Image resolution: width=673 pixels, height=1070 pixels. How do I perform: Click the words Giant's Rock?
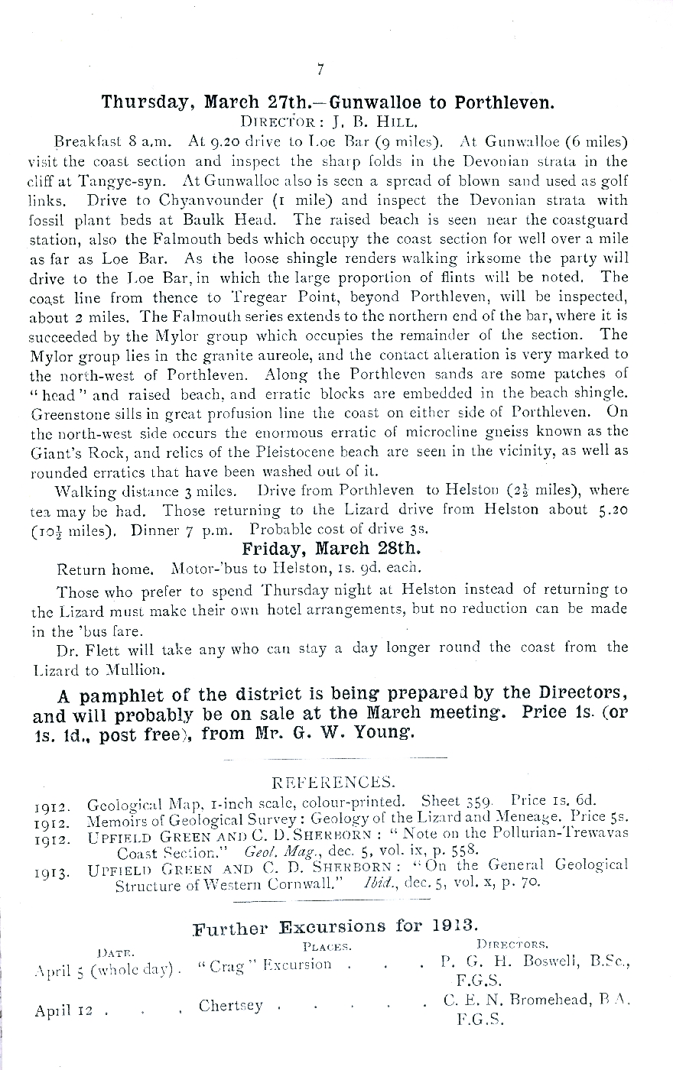point(70,452)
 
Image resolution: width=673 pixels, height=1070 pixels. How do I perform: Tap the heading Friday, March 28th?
point(332,550)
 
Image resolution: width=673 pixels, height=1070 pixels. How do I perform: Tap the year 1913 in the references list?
point(51,871)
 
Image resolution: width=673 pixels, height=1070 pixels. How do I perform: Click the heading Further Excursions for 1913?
point(336,927)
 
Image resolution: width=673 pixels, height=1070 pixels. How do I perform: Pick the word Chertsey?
point(230,1006)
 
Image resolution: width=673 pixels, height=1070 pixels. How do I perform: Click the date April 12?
point(63,1010)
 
